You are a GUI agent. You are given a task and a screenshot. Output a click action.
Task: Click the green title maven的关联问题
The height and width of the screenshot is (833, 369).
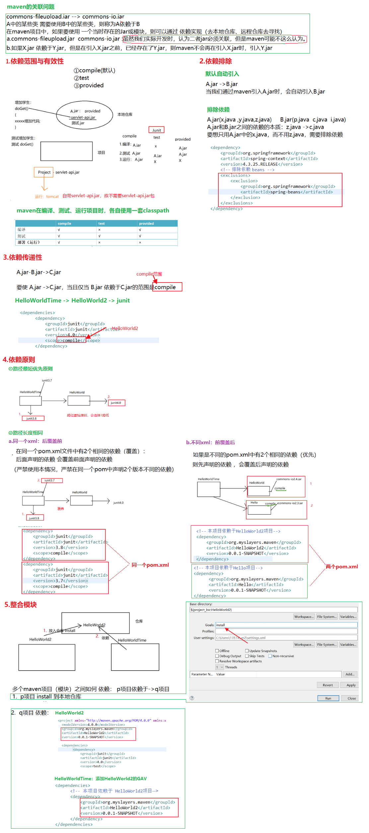pos(31,7)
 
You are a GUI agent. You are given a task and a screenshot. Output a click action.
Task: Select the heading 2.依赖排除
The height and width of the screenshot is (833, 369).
pos(215,61)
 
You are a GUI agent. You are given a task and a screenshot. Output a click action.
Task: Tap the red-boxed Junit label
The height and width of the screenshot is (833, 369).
pos(157,130)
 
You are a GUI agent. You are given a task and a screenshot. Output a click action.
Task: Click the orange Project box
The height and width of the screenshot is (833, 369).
pos(44,172)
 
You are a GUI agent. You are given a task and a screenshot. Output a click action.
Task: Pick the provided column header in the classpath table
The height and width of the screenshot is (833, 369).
pos(146,223)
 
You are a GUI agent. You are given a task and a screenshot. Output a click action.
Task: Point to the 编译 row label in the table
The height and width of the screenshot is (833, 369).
pos(22,229)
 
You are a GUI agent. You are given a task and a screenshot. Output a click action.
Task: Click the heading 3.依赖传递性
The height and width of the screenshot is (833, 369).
pos(23,257)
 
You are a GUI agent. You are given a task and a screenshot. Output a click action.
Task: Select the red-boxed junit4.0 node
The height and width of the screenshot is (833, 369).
pos(116,403)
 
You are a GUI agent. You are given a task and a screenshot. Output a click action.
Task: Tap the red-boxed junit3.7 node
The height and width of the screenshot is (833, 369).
pos(50,480)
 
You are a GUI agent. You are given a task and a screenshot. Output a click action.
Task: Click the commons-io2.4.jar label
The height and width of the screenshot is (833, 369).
pos(289,479)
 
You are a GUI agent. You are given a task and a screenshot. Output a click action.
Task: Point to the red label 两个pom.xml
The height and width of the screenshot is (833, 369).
pos(341,566)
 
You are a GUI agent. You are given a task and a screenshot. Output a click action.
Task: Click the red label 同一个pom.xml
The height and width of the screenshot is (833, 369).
pos(150,565)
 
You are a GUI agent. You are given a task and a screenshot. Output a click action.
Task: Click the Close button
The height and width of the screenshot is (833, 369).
pos(351,698)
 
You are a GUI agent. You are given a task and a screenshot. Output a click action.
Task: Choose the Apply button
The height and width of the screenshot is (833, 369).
pos(351,685)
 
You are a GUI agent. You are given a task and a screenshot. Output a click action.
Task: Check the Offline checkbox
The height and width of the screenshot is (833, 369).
pos(217,651)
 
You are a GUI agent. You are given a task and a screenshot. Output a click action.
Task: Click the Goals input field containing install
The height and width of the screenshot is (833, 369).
pos(286,625)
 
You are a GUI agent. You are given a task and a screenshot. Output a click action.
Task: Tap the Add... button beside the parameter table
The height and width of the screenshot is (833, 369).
pos(350,674)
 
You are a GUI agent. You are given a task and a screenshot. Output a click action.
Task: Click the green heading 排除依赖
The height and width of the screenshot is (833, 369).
pos(218,110)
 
